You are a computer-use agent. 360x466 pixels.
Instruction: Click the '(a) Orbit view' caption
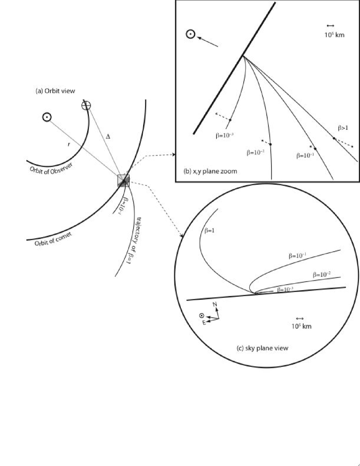(x=55, y=91)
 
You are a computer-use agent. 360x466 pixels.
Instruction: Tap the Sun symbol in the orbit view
(x=47, y=117)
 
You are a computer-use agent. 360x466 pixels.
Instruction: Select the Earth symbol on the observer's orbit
(x=86, y=105)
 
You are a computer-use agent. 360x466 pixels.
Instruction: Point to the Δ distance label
(x=108, y=137)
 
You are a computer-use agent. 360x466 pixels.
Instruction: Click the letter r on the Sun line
(x=69, y=144)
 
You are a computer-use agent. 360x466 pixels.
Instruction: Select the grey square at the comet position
(x=124, y=180)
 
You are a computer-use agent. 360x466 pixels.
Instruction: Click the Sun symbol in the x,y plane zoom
(x=191, y=34)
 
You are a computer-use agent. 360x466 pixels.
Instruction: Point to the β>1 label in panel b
(x=343, y=128)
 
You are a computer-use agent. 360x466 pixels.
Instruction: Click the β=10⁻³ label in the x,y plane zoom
(x=225, y=135)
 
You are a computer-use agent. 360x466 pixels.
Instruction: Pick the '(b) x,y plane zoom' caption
(x=211, y=171)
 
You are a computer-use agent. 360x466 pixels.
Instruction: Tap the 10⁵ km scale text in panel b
(x=334, y=35)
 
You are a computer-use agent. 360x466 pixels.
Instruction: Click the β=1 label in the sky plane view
(x=209, y=230)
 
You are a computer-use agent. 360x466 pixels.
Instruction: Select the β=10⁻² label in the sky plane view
(x=322, y=275)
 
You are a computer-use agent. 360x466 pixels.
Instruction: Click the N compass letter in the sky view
(x=215, y=304)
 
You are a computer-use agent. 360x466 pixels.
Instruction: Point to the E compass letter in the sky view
(x=204, y=323)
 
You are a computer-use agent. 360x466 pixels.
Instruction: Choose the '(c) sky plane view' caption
(x=262, y=348)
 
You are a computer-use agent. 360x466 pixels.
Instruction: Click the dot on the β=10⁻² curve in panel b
(x=270, y=144)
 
